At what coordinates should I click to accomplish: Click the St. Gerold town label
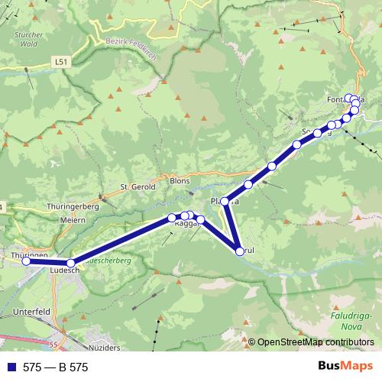point(138,186)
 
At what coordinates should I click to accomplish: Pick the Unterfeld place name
point(32,312)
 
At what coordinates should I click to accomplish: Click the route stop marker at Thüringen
point(26,261)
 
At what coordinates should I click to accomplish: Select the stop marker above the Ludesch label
point(71,263)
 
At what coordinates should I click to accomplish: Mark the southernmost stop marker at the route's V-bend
point(240,251)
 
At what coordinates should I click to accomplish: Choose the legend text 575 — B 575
point(57,367)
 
